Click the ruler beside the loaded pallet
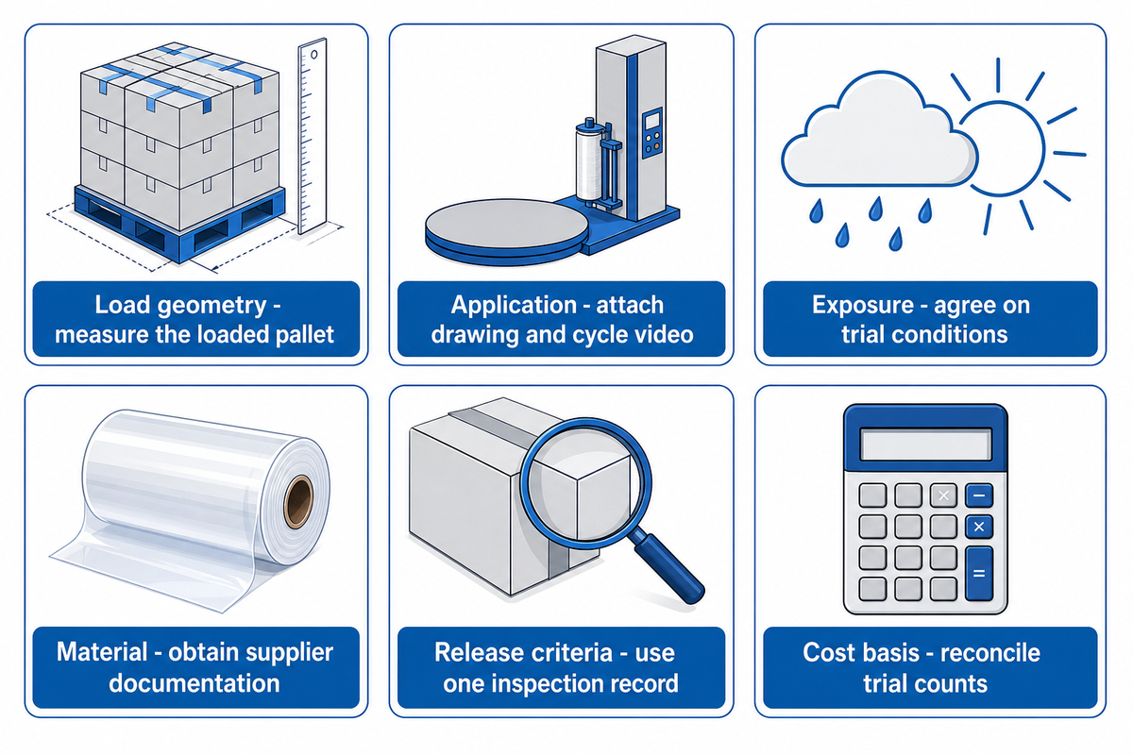(x=312, y=137)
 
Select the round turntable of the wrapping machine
(x=506, y=231)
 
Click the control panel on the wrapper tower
(x=652, y=132)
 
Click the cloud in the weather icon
(x=879, y=131)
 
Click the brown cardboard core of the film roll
(x=298, y=502)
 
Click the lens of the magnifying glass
(x=585, y=483)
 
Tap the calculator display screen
(x=925, y=445)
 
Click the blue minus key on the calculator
(x=979, y=495)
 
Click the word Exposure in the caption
(x=863, y=305)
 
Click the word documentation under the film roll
(x=194, y=683)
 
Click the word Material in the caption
(x=102, y=652)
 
